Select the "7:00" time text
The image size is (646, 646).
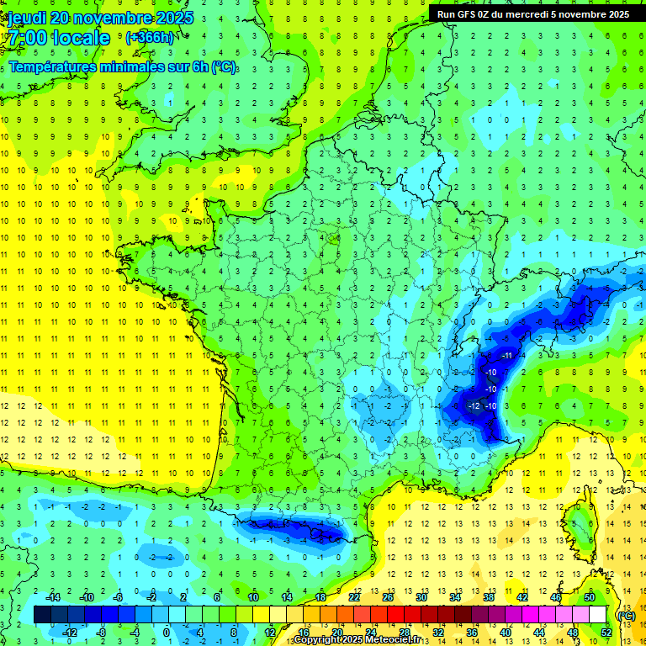click(x=26, y=38)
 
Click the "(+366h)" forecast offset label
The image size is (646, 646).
click(x=150, y=38)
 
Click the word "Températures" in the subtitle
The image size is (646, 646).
click(x=54, y=67)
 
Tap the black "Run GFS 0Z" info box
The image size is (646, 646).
click(x=532, y=13)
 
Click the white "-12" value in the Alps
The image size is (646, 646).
click(x=475, y=406)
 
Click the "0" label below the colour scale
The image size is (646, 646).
click(x=166, y=632)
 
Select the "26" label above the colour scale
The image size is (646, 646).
click(x=388, y=597)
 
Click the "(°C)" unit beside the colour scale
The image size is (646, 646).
click(x=626, y=616)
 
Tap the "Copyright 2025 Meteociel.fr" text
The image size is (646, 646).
click(x=347, y=640)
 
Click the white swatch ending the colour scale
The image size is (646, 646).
click(x=597, y=615)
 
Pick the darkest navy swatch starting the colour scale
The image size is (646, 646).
click(x=42, y=615)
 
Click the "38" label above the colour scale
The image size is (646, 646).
click(x=488, y=597)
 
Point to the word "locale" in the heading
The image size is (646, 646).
click(x=81, y=38)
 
